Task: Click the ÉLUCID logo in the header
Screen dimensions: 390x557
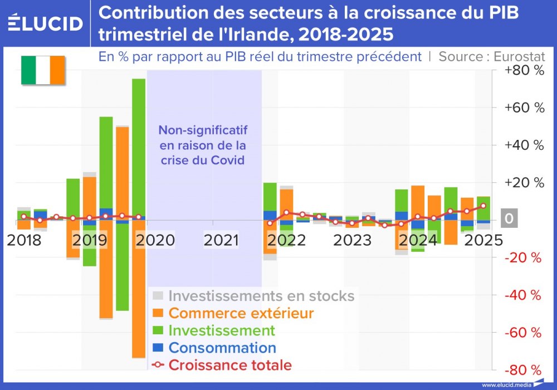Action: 46,23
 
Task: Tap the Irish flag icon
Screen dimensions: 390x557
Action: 43,70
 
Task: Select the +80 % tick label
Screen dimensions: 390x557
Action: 524,71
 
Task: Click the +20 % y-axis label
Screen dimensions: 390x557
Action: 524,183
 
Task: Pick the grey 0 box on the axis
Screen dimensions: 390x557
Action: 509,220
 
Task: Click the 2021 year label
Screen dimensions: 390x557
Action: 222,240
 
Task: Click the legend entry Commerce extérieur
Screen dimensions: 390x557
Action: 241,313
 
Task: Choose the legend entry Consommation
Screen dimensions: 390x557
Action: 222,348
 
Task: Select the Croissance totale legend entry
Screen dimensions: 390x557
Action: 229,365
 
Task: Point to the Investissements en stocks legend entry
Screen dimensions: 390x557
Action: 261,295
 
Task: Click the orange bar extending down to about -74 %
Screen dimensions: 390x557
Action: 139,290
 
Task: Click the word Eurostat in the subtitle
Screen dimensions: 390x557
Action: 520,57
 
